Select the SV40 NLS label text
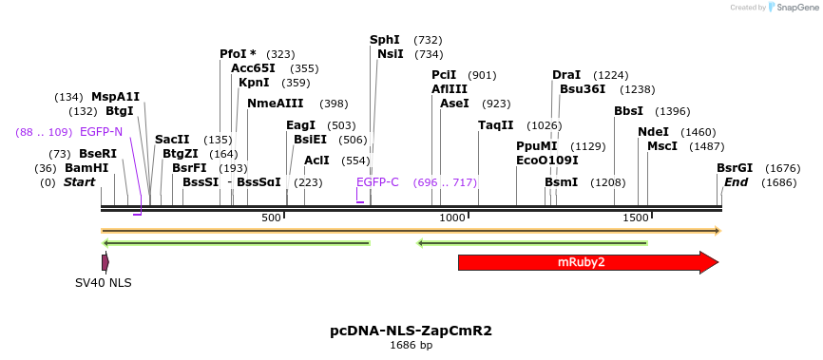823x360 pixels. [x=104, y=283]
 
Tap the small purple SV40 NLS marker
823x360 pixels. [x=105, y=262]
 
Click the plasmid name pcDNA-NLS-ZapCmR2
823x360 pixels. [x=411, y=331]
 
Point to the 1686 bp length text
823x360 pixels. [x=411, y=345]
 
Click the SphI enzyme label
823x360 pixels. [x=385, y=40]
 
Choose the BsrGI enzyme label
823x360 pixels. [x=734, y=168]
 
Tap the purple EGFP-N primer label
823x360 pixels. [x=101, y=132]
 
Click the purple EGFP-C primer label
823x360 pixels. [x=377, y=182]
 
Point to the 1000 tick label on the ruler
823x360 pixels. [x=452, y=218]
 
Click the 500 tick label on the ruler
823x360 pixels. [x=271, y=218]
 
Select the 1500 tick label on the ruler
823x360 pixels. [x=635, y=218]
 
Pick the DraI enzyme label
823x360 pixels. [x=566, y=75]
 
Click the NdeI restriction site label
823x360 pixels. [x=653, y=132]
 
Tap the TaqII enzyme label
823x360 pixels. [x=495, y=125]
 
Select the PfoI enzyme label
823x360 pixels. [x=238, y=54]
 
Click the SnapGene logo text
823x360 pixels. [x=797, y=8]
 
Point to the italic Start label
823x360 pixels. [x=79, y=182]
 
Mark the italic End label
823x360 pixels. [x=736, y=182]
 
